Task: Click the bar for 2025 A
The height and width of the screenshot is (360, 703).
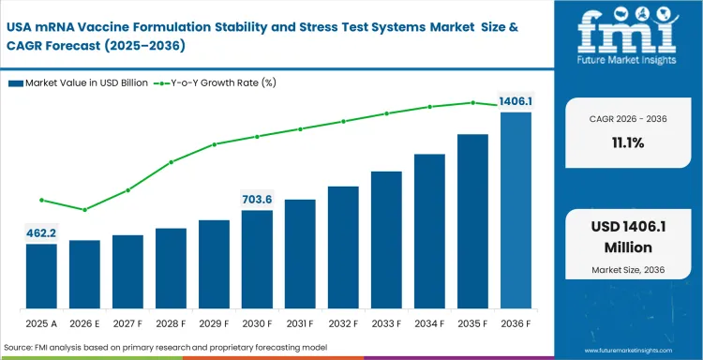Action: [41, 277]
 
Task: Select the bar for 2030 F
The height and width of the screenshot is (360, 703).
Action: [257, 260]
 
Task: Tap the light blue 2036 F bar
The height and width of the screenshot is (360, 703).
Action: [516, 211]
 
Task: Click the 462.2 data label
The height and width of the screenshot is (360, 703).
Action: [40, 232]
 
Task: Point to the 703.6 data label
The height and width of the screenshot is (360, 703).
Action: [257, 199]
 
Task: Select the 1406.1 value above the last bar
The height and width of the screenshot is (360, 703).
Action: [516, 101]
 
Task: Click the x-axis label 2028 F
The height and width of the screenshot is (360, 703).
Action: [171, 323]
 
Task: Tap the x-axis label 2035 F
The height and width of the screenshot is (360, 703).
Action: [472, 323]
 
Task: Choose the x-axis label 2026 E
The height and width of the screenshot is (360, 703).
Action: [84, 323]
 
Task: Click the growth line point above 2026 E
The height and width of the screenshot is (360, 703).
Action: [84, 209]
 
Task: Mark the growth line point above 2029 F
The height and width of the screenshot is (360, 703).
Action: [214, 144]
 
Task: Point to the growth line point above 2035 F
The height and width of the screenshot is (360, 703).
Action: [472, 102]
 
